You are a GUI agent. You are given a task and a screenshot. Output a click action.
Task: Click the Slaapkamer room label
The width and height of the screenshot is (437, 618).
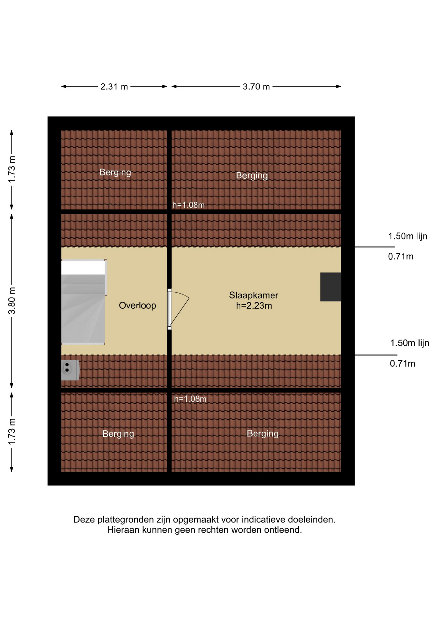tap(254, 295)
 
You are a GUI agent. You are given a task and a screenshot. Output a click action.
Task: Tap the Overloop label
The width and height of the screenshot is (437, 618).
tap(137, 305)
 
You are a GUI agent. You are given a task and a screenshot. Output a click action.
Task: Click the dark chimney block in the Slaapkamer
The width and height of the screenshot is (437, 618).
tap(330, 287)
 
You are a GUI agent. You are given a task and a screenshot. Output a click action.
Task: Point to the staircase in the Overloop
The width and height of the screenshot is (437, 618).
tap(84, 302)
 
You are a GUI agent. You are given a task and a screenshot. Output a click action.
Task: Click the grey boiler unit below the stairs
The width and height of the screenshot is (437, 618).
tap(70, 370)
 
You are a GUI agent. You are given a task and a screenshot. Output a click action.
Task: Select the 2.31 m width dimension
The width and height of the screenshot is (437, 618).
tap(114, 87)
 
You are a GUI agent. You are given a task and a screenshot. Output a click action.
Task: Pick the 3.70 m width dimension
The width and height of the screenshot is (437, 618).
tap(256, 87)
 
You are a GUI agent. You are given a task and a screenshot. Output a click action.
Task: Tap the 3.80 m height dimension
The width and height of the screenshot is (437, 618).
tap(12, 301)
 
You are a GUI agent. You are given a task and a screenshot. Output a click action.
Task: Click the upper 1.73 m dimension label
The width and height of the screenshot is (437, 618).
tap(12, 169)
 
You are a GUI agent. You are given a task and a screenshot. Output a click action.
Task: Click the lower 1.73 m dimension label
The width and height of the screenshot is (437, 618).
tap(12, 432)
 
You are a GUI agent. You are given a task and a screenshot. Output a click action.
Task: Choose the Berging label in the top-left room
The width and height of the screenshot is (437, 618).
tap(115, 173)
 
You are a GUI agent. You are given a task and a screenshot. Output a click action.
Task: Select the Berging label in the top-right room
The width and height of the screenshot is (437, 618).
tap(252, 176)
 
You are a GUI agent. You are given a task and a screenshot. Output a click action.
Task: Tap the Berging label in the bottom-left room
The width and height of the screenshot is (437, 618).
tap(118, 434)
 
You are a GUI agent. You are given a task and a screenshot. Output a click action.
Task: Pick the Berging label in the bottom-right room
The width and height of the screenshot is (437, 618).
tap(263, 434)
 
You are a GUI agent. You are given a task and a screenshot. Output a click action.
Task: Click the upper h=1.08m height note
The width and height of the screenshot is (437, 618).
tap(189, 205)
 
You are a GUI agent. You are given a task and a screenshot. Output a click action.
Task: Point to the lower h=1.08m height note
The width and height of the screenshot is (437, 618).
tap(190, 399)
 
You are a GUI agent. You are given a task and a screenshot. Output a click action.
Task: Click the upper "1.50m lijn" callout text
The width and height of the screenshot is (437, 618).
tap(408, 236)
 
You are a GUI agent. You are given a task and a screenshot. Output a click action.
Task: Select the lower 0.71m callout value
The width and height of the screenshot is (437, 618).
tap(403, 364)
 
